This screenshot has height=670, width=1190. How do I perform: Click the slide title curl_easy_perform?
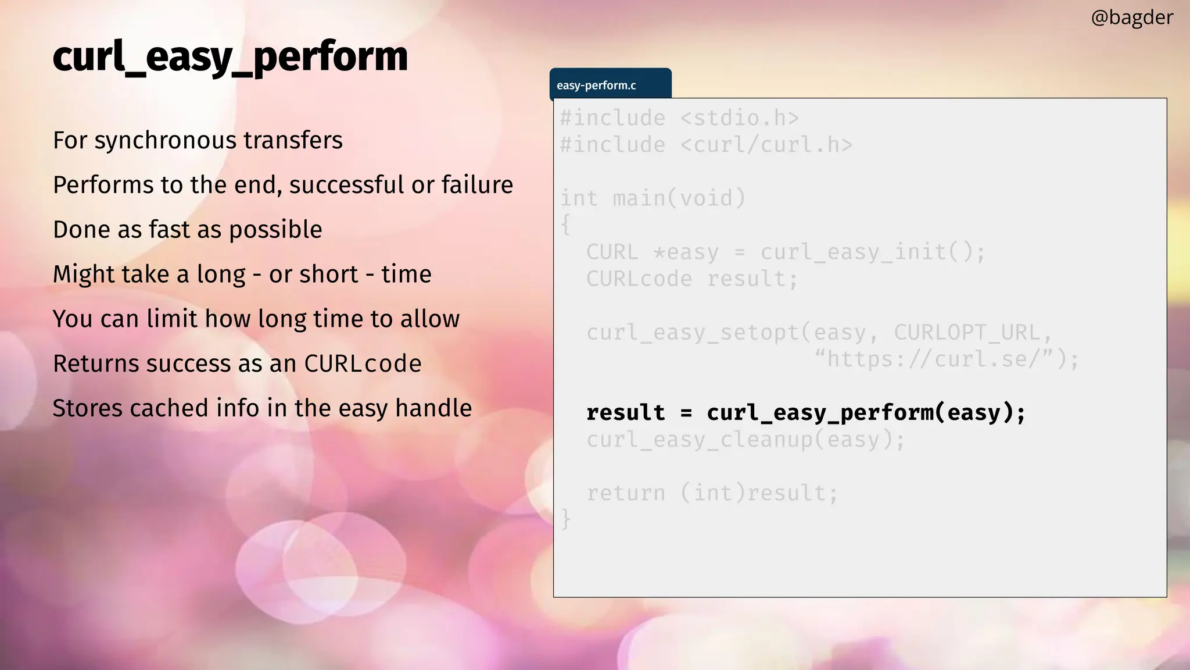pos(230,57)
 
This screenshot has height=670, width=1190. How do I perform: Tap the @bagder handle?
pos(1132,17)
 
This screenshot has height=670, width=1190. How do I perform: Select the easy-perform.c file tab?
pos(597,85)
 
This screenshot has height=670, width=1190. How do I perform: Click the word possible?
pos(275,230)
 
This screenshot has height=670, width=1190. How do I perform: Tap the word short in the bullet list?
pos(329,274)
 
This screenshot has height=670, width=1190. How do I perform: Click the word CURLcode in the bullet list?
pos(363,363)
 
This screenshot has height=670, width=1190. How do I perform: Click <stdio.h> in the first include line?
pos(739,118)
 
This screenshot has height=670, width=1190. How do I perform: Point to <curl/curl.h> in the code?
pos(766,145)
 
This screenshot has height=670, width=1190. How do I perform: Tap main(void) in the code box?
pos(679,198)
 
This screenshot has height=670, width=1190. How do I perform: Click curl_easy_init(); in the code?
pos(873,252)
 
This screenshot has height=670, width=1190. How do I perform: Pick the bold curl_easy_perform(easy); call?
pos(866,412)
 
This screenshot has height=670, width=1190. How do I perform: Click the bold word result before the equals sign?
pos(625,412)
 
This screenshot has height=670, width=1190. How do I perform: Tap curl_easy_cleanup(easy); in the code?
pos(745,439)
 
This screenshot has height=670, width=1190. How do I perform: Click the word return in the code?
pos(625,493)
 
